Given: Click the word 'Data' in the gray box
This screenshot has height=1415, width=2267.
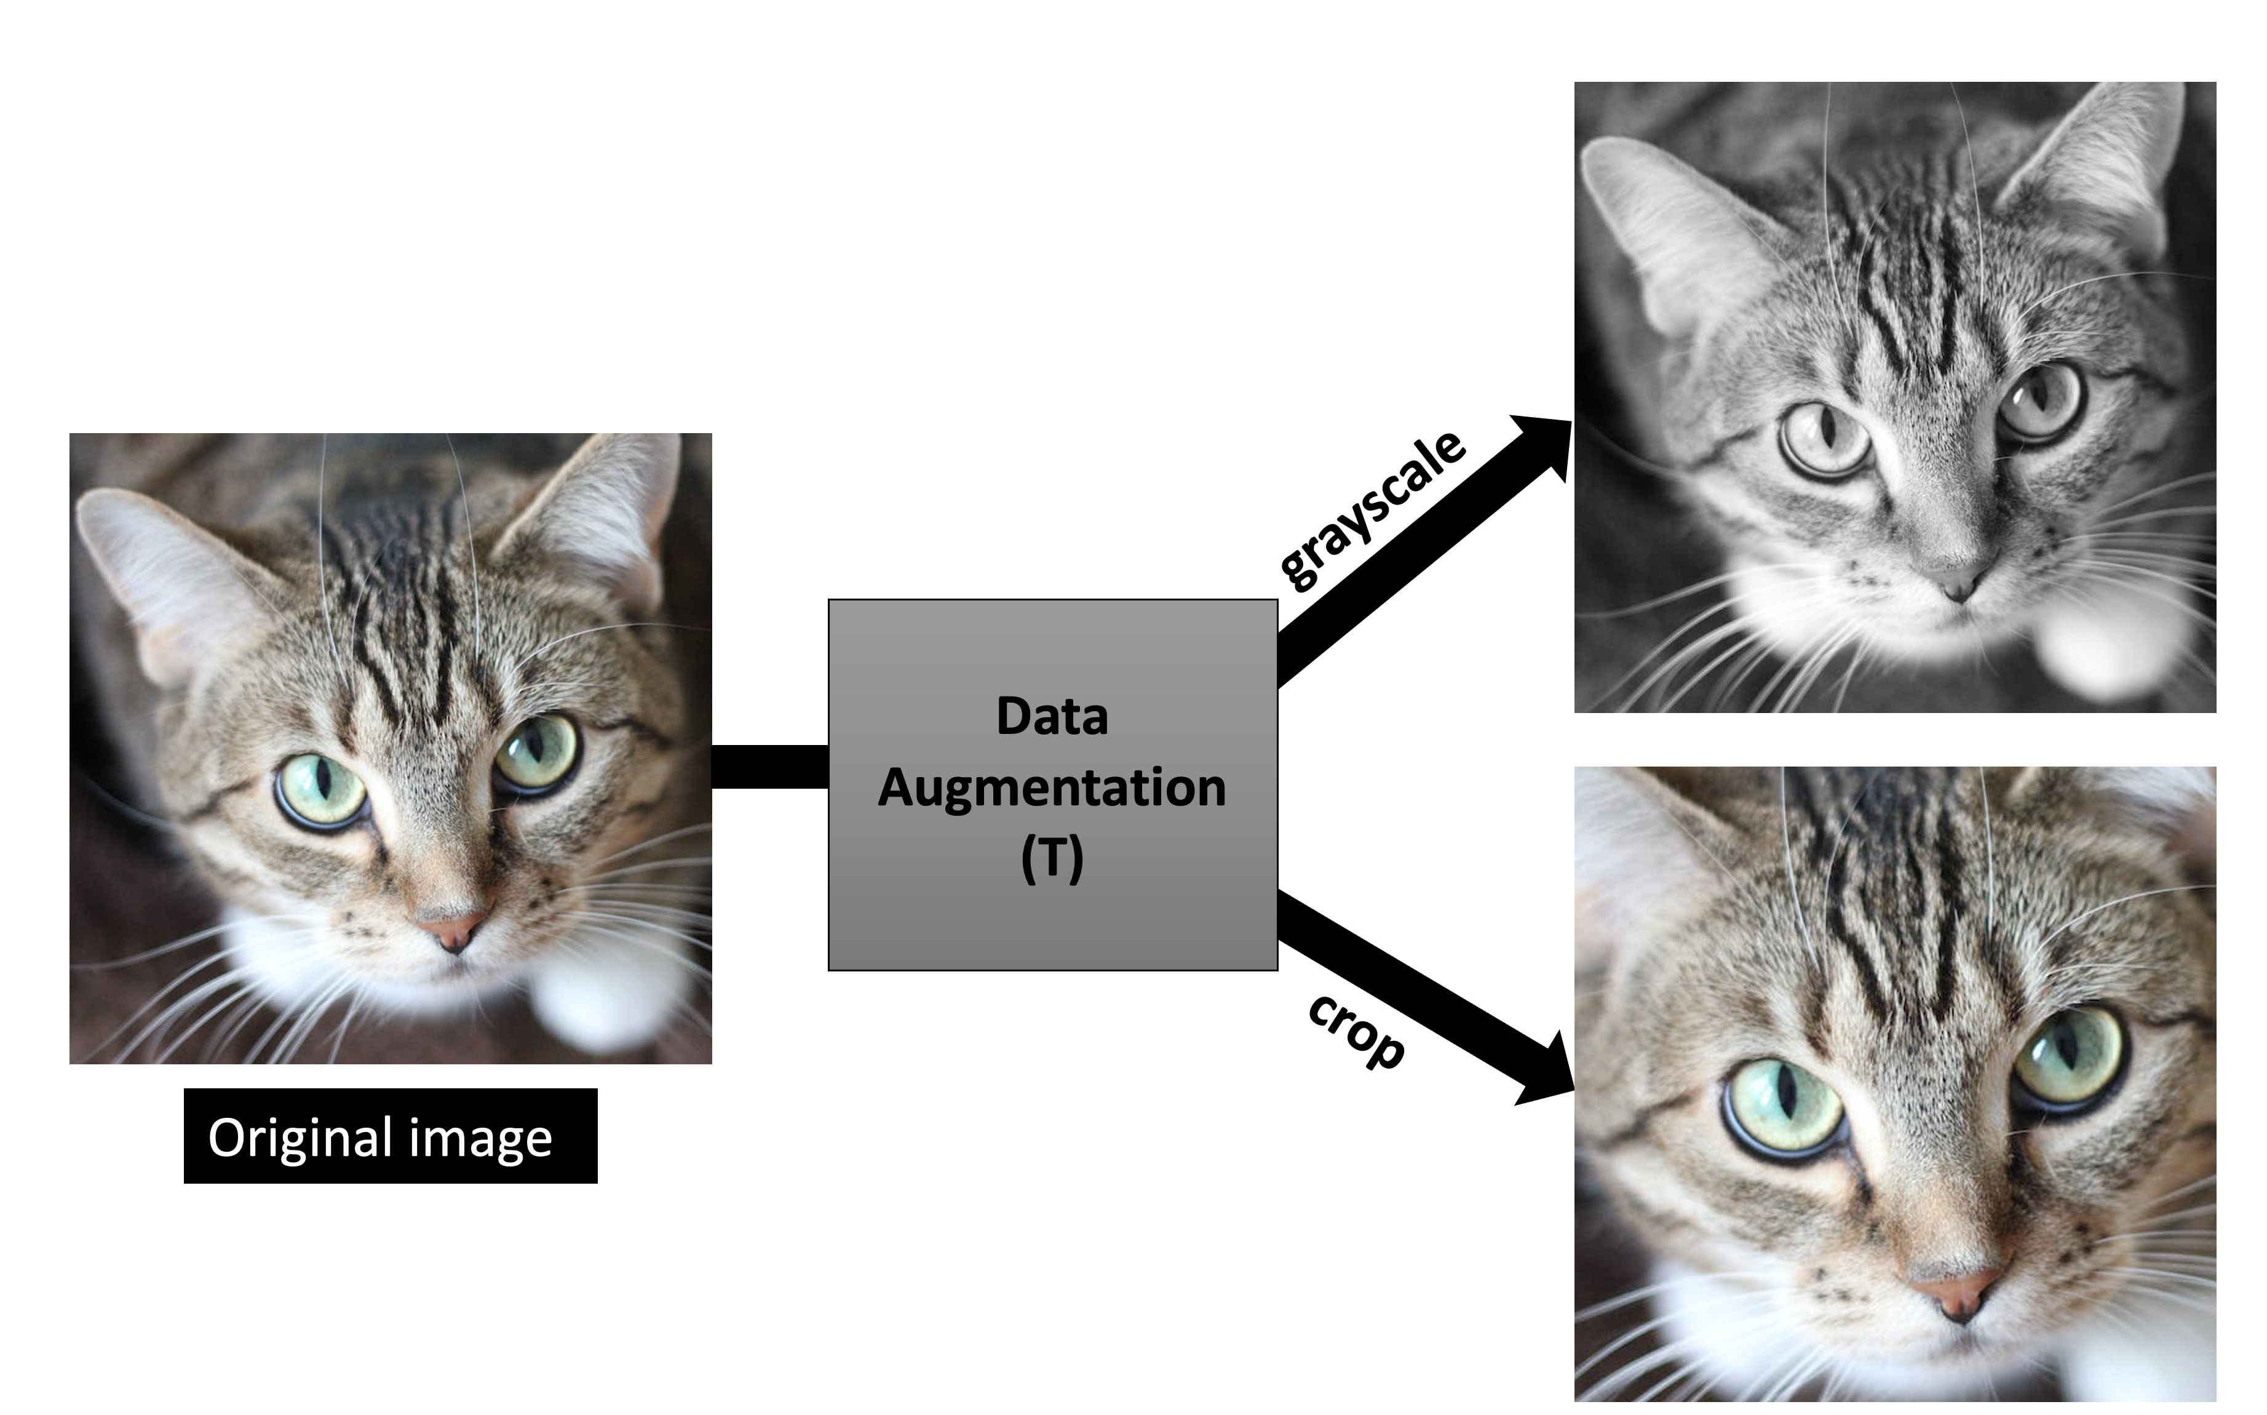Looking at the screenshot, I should coord(1052,717).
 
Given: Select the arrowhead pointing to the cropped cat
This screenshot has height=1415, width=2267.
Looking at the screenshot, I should coord(1549,1072).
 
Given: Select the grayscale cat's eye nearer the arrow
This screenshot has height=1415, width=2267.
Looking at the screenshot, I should coord(1824,438).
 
